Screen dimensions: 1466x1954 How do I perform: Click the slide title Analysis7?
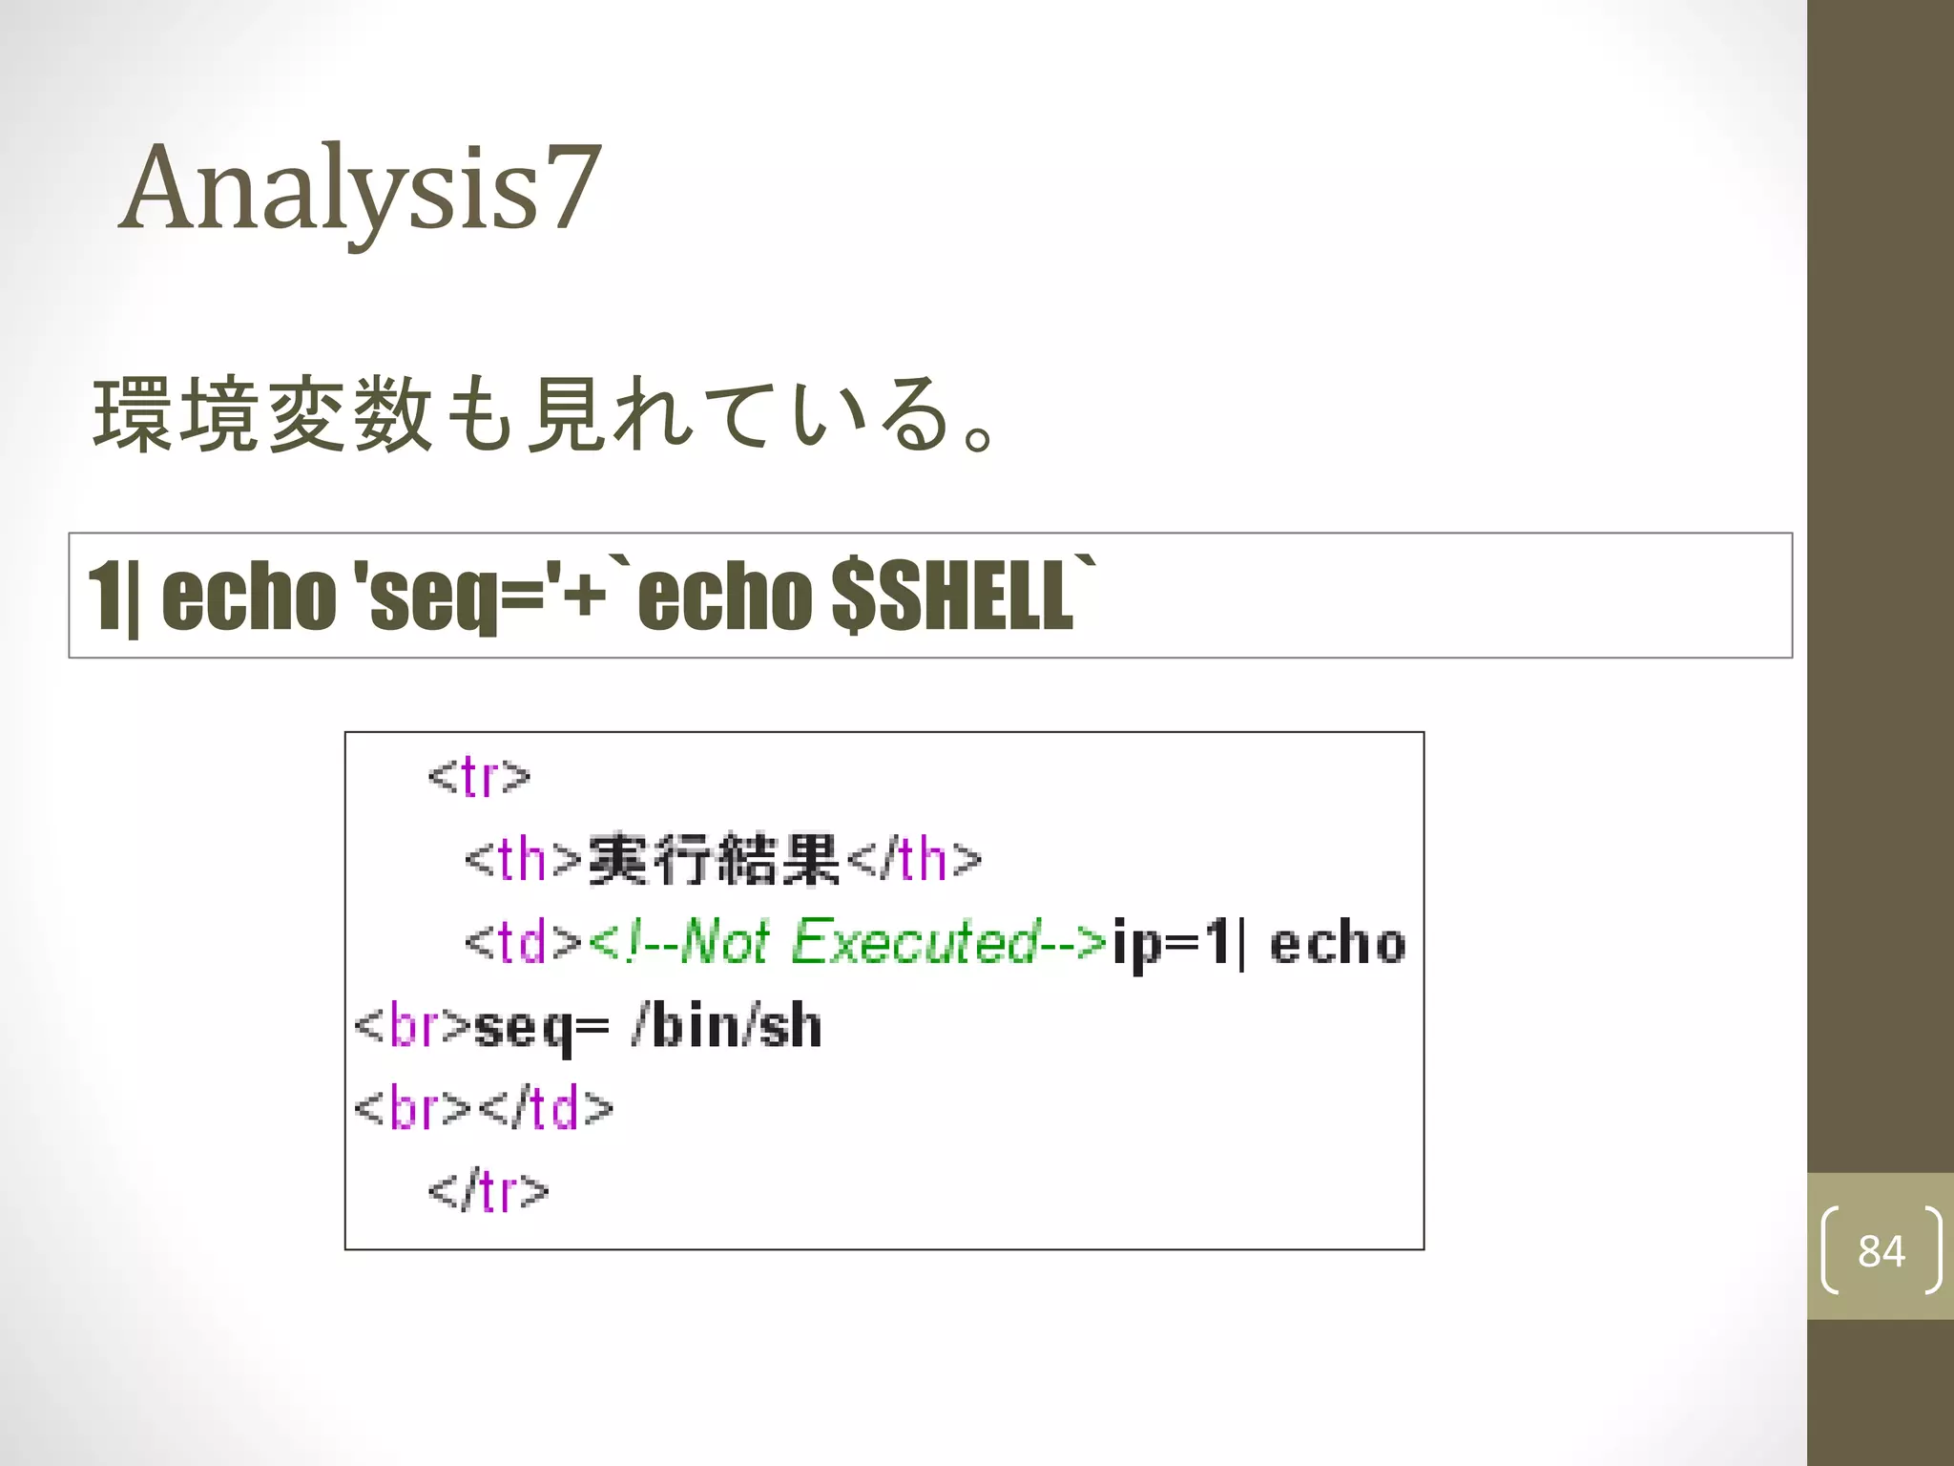[x=361, y=187]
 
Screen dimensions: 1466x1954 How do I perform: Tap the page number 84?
[x=1880, y=1251]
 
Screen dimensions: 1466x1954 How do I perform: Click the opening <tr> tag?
[x=479, y=776]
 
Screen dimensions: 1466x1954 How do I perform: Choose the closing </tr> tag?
[x=488, y=1192]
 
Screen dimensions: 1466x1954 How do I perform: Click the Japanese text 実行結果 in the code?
[x=713, y=859]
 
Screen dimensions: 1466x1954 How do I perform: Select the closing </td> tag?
[x=546, y=1109]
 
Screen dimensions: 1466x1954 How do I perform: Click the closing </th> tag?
[x=913, y=859]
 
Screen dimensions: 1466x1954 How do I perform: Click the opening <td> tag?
[x=523, y=943]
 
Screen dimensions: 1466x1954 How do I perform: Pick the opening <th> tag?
[x=523, y=859]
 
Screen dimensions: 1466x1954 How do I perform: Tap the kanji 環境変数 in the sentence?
[x=262, y=415]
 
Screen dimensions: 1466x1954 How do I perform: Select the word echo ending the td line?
[x=1338, y=943]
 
